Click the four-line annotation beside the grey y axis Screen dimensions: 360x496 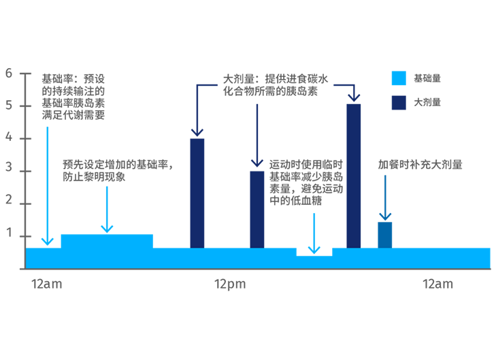click(73, 93)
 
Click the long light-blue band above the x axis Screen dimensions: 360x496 click(259, 255)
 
